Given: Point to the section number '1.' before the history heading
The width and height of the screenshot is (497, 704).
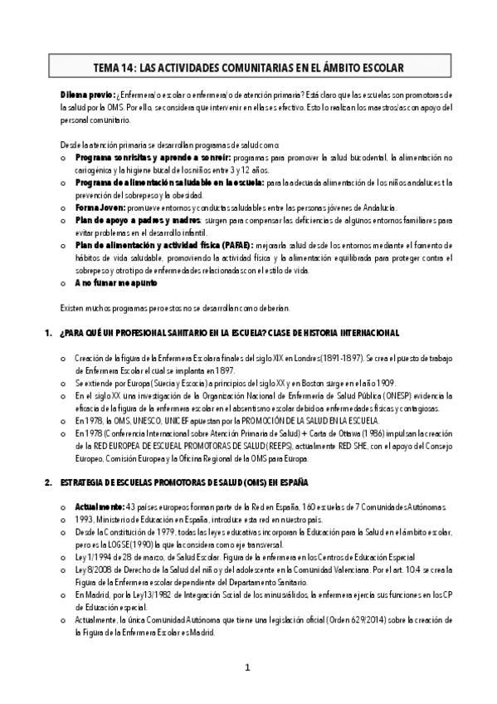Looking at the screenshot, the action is coord(46,333).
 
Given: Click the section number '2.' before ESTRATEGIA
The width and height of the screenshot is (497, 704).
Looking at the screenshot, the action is coord(46,482).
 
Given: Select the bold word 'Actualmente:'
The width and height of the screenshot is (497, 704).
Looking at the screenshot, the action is coord(99,506).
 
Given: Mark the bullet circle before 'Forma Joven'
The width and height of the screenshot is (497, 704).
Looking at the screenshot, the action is coord(65,208).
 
